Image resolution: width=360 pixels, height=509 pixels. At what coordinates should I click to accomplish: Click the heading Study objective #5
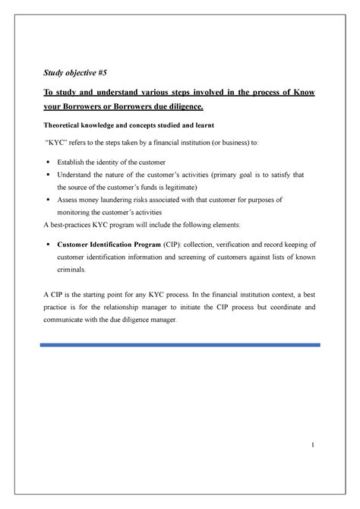click(72, 74)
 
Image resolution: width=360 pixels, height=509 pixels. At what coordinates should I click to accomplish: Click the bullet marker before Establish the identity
click(49, 163)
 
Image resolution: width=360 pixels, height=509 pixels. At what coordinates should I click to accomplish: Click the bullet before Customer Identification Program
click(49, 245)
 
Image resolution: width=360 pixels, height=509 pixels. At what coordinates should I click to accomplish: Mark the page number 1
click(311, 444)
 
